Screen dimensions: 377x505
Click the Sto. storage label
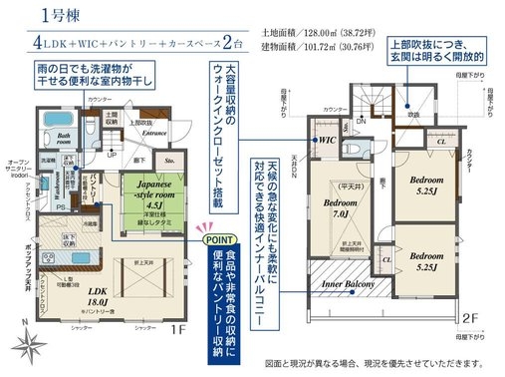tap(171, 158)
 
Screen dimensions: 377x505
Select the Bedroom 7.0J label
tap(339, 208)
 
